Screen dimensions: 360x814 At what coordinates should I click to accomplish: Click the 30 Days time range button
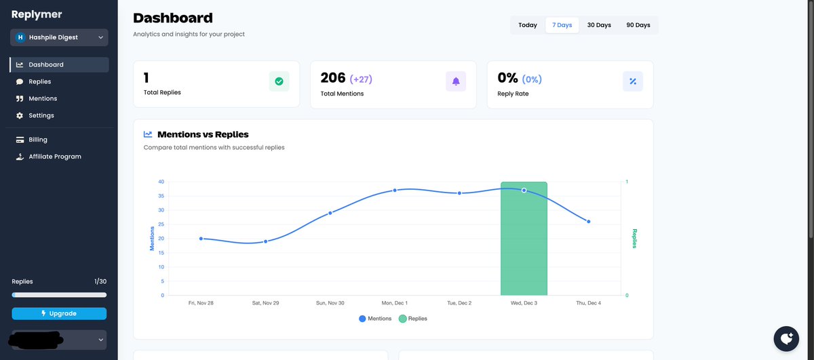click(598, 25)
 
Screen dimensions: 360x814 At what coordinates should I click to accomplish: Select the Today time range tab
click(528, 25)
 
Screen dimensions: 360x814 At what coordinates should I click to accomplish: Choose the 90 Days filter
click(638, 25)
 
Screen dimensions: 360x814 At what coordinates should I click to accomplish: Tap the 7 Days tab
click(562, 25)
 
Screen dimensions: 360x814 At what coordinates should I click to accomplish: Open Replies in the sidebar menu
click(39, 81)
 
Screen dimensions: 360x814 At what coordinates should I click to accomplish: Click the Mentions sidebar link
click(42, 98)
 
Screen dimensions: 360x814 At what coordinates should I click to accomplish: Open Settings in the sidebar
click(41, 115)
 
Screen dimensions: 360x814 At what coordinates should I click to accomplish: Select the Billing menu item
click(38, 140)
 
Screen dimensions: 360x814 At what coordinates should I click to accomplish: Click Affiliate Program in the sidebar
click(54, 157)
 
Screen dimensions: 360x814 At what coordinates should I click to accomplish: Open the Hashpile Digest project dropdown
click(59, 37)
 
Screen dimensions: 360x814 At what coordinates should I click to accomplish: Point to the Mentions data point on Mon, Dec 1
click(395, 191)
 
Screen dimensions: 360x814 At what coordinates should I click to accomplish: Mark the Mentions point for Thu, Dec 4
click(588, 222)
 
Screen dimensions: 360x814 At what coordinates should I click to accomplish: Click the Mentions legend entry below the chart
click(375, 319)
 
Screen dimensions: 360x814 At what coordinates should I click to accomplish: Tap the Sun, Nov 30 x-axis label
click(330, 303)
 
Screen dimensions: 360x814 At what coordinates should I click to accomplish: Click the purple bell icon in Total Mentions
click(456, 81)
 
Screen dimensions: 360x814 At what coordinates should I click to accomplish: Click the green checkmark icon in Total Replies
click(279, 81)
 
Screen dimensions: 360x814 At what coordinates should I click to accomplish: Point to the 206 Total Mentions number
click(333, 78)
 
